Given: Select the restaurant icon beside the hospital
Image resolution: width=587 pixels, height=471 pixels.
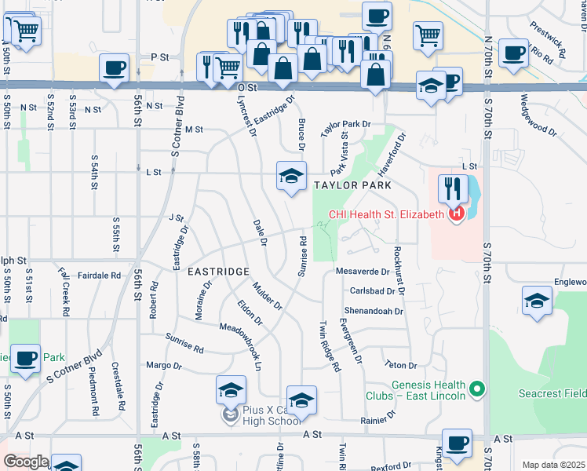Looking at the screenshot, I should [453, 188].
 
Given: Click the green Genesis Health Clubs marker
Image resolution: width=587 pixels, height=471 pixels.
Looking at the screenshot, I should [476, 388].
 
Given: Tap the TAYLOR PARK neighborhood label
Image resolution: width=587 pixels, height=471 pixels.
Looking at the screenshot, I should [352, 185].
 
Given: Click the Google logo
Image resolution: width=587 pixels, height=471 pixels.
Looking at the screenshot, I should [26, 462].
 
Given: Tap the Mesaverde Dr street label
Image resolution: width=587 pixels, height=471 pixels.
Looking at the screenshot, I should [363, 272].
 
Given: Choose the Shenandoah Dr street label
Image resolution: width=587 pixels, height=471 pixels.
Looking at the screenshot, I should [374, 311].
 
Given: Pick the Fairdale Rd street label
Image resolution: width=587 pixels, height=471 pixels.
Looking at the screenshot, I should [100, 276].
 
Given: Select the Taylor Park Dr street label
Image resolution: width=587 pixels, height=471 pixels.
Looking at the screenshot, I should [345, 124].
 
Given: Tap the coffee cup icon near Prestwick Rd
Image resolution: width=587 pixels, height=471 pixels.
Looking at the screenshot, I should [513, 53].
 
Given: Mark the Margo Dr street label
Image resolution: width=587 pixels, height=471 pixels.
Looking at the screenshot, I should [164, 366].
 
